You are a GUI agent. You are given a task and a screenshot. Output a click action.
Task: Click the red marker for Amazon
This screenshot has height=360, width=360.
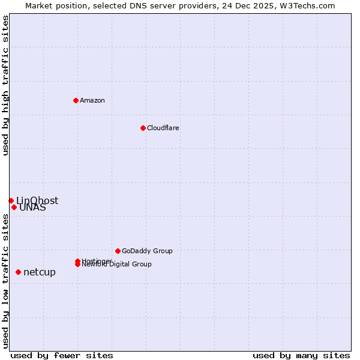tap(76, 100)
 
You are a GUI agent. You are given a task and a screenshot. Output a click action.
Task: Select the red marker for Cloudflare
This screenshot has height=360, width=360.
tap(143, 128)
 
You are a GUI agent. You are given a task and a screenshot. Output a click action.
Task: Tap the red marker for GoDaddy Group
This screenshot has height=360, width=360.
tap(118, 251)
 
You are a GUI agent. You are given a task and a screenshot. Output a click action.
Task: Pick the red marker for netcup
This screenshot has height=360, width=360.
tap(18, 272)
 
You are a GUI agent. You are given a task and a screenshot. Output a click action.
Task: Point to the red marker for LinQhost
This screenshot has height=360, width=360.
tap(11, 200)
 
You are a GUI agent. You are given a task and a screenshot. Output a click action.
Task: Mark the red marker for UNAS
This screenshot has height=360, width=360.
tap(14, 208)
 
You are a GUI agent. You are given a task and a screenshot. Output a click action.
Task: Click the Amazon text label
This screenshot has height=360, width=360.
tap(92, 100)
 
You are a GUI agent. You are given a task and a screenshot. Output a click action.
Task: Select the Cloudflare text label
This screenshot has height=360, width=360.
tap(163, 128)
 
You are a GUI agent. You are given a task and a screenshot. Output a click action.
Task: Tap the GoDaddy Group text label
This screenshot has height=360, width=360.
tap(147, 251)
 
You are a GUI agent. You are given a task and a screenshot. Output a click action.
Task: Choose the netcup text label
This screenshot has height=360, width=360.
tap(40, 272)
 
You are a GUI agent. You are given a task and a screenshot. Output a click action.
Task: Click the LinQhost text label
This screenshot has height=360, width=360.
tap(37, 200)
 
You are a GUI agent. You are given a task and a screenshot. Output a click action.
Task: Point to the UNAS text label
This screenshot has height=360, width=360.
tap(32, 208)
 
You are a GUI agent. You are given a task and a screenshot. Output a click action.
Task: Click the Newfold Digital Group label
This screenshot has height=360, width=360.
tap(117, 265)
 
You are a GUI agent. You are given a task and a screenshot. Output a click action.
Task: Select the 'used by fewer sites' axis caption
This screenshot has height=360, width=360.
tap(62, 356)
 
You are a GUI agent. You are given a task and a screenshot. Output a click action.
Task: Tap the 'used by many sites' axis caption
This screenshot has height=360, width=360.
tap(301, 356)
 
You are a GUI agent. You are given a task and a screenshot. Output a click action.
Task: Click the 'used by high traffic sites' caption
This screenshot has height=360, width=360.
tap(6, 86)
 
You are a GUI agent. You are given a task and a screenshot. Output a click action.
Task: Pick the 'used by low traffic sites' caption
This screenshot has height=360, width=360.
tap(6, 280)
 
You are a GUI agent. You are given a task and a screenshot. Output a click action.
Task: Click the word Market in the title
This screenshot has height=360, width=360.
tap(40, 5)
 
